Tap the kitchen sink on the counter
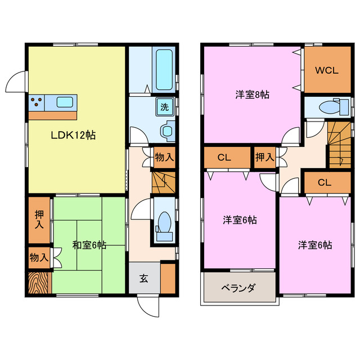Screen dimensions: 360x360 (x=65, y=102)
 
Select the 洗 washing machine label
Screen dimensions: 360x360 (x=164, y=107)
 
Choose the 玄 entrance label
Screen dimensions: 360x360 (x=144, y=278)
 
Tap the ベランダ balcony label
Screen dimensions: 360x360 (x=238, y=288)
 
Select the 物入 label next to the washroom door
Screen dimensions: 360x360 (x=164, y=157)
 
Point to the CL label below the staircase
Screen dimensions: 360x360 (x=324, y=183)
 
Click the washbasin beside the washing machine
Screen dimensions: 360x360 (x=168, y=130)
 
